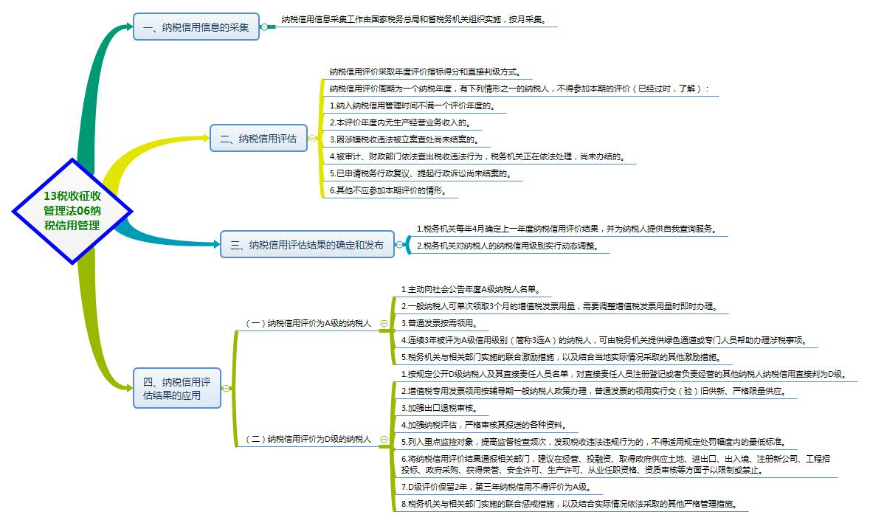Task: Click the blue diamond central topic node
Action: coord(72,211)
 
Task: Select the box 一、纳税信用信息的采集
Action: coord(196,27)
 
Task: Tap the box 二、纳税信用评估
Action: coord(258,138)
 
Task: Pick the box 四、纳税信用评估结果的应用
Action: coord(177,388)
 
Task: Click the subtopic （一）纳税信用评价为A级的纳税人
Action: coord(308,323)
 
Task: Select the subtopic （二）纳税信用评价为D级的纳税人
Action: coord(308,439)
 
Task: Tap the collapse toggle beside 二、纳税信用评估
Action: coord(312,138)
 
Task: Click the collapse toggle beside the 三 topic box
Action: coord(399,245)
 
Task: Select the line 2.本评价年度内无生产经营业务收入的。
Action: coord(400,122)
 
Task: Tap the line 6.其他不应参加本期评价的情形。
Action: coord(394,190)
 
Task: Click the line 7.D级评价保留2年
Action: coord(495,487)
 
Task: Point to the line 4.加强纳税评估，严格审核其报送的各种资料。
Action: coord(483,424)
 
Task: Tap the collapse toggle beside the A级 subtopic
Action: coord(383,323)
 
